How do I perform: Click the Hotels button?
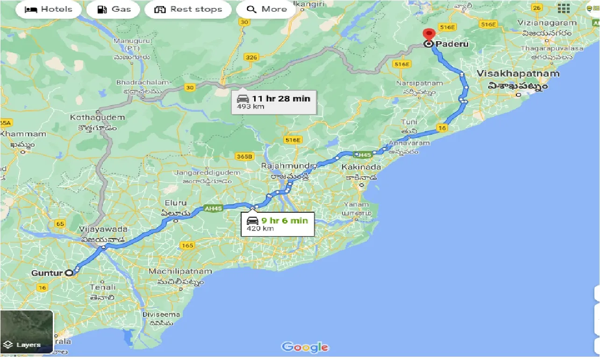[49, 9]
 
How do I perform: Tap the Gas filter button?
[114, 9]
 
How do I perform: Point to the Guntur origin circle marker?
[69, 273]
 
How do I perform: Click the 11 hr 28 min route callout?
[274, 101]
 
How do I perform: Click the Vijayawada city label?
[104, 230]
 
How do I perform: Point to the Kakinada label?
[361, 167]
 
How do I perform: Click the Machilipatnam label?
[180, 271]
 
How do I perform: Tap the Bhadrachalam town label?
[142, 83]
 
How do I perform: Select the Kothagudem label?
[98, 117]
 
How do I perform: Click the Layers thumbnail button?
[27, 331]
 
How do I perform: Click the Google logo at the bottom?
[305, 347]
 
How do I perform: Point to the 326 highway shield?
[251, 58]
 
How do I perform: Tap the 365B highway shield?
[244, 156]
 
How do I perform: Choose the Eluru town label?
[175, 203]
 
